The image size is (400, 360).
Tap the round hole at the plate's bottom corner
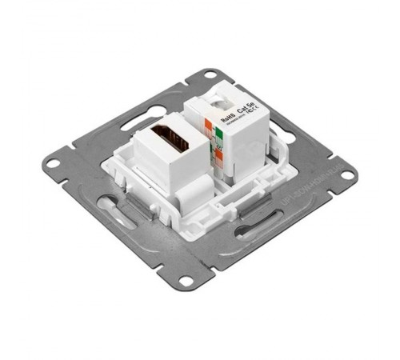click(186, 281)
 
